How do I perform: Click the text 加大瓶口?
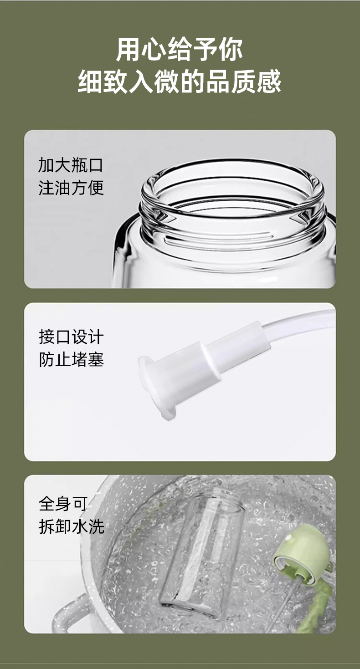click(x=71, y=165)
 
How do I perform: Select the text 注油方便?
click(x=71, y=187)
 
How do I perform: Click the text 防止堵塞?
click(x=71, y=360)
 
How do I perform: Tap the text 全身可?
click(x=62, y=504)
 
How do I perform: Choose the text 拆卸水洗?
click(x=71, y=526)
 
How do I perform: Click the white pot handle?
click(x=68, y=610)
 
